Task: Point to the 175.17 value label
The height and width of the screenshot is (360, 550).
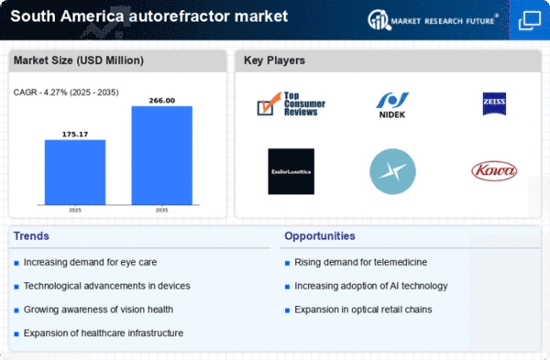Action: tap(75, 133)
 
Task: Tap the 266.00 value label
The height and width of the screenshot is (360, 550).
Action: tap(162, 99)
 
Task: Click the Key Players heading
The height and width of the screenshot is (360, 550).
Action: tap(274, 60)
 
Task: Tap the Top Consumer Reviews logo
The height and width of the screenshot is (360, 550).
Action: tap(291, 104)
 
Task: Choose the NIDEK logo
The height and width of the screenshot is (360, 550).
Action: tap(392, 104)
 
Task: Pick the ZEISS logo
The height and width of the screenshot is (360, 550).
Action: tap(493, 103)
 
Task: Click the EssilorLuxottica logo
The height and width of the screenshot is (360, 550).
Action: tap(291, 170)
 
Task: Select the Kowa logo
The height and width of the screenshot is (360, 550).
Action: tap(493, 170)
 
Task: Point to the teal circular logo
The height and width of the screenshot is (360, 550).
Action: tap(392, 171)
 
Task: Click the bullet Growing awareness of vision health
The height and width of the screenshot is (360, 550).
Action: tap(98, 309)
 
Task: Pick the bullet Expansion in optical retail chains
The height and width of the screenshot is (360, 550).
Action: tap(364, 309)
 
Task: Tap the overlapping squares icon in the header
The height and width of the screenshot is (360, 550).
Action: tap(529, 18)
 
